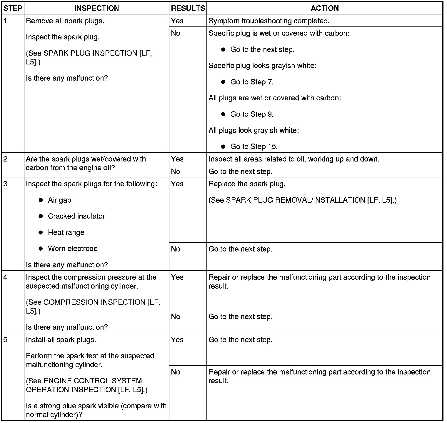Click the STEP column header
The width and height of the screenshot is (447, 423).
click(x=13, y=8)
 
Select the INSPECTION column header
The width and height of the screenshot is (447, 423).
click(x=96, y=8)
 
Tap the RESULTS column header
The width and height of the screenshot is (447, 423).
click(x=188, y=8)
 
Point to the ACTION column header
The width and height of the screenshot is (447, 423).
click(x=325, y=8)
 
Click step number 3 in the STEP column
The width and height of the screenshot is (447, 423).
click(x=5, y=184)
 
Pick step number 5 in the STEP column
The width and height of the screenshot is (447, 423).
click(x=5, y=340)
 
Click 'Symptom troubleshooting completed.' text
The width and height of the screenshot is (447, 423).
click(x=269, y=21)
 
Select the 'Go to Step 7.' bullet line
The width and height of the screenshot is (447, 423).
click(x=252, y=82)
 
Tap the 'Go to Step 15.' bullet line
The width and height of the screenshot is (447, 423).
click(x=254, y=146)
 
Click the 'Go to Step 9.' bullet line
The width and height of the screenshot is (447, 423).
click(x=252, y=114)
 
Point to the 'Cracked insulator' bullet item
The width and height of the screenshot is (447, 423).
click(x=76, y=216)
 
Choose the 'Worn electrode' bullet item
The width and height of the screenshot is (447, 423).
click(x=73, y=249)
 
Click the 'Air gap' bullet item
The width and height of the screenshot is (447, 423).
click(x=59, y=200)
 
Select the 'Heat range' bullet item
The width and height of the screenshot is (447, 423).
click(x=66, y=232)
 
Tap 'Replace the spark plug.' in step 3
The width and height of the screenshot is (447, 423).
click(x=247, y=184)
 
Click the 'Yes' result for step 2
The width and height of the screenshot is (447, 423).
click(x=177, y=159)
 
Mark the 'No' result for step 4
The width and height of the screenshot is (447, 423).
click(x=176, y=317)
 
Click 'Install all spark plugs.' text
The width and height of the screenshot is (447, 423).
click(x=61, y=340)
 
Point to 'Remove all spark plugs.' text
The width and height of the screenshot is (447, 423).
click(x=65, y=21)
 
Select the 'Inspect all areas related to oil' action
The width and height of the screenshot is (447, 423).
click(x=294, y=159)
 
